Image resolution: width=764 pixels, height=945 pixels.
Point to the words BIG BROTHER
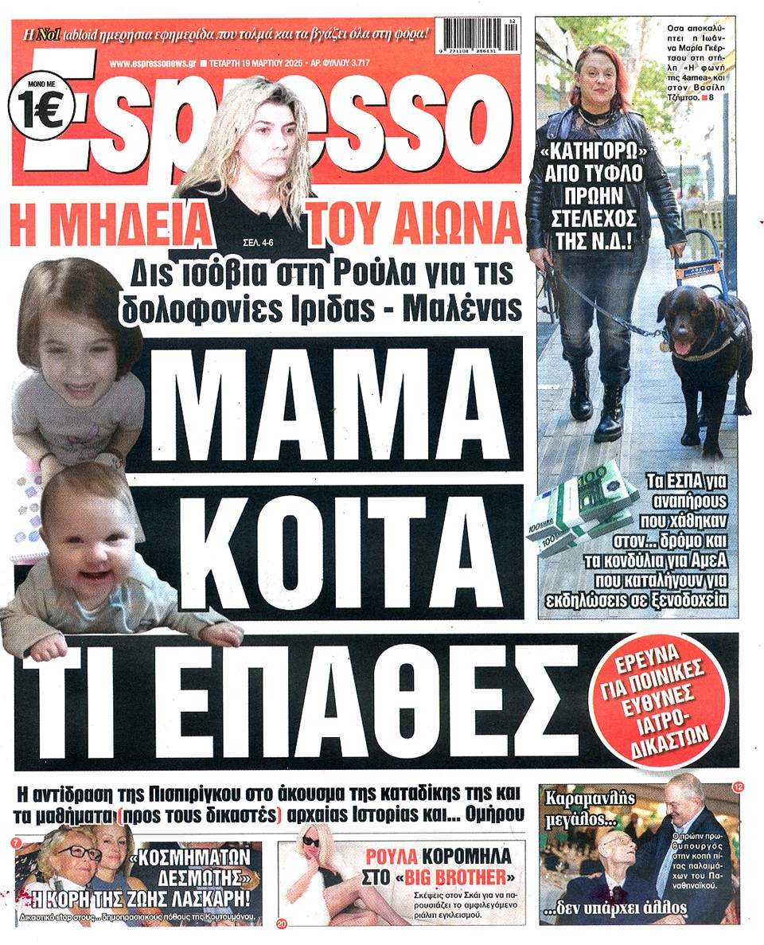click(x=456, y=879)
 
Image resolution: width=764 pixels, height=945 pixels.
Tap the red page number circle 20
click(x=282, y=924)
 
